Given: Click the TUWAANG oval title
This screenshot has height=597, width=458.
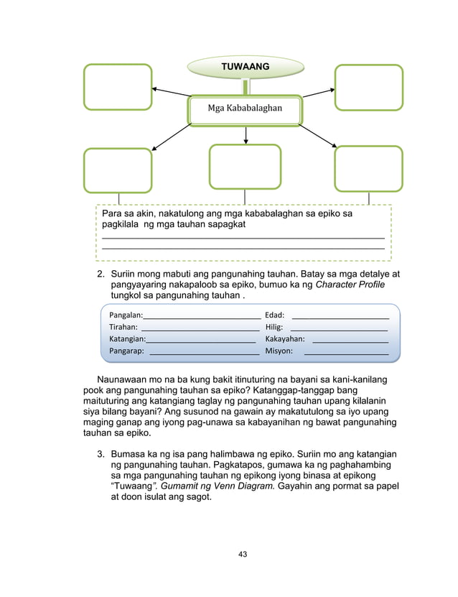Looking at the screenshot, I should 246,67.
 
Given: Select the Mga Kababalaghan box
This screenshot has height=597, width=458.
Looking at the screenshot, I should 246,109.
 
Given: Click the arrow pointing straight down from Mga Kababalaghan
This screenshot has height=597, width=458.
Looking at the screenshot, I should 246,134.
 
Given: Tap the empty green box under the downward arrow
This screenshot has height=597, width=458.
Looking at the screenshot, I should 245,167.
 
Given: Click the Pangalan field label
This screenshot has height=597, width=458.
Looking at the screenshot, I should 126,315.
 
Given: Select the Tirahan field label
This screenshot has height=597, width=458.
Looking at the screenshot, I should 123,327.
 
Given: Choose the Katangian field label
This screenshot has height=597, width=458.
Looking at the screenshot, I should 127,339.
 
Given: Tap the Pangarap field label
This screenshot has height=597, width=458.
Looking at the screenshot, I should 126,351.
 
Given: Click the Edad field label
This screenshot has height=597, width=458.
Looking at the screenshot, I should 275,315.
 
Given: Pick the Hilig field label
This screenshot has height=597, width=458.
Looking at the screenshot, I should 274,327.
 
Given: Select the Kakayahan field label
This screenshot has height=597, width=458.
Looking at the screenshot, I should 285,339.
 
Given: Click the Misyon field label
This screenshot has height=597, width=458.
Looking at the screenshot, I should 279,351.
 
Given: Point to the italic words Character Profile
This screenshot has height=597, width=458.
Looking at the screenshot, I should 350,285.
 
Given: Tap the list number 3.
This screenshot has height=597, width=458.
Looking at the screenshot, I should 101,455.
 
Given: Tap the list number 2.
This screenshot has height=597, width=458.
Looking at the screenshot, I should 101,274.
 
